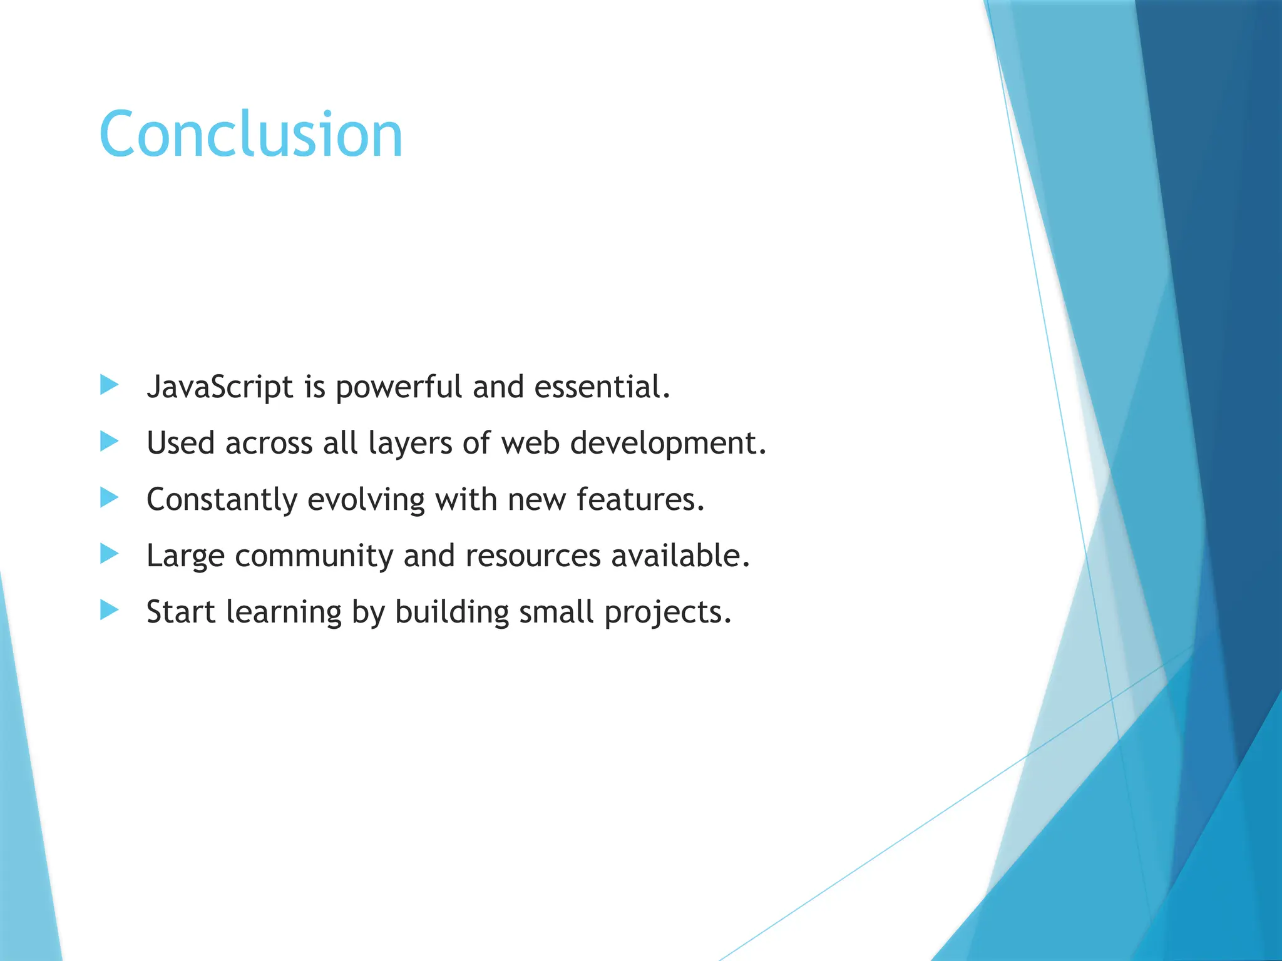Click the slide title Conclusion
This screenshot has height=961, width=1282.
click(x=250, y=135)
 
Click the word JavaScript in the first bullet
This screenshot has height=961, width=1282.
click(x=219, y=387)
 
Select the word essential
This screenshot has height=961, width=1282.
click(x=601, y=387)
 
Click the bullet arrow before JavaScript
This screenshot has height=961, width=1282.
click(x=109, y=385)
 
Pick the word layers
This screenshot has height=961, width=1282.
click(x=410, y=444)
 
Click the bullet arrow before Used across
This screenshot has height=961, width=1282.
click(x=109, y=442)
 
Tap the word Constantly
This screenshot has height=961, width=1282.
click(x=222, y=500)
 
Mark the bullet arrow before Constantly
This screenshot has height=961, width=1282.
click(x=109, y=498)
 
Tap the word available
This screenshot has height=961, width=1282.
click(x=680, y=556)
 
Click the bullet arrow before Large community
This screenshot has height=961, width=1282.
click(x=109, y=554)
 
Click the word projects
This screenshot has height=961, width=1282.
click(x=667, y=613)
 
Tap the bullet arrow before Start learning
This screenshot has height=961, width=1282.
click(x=109, y=610)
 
